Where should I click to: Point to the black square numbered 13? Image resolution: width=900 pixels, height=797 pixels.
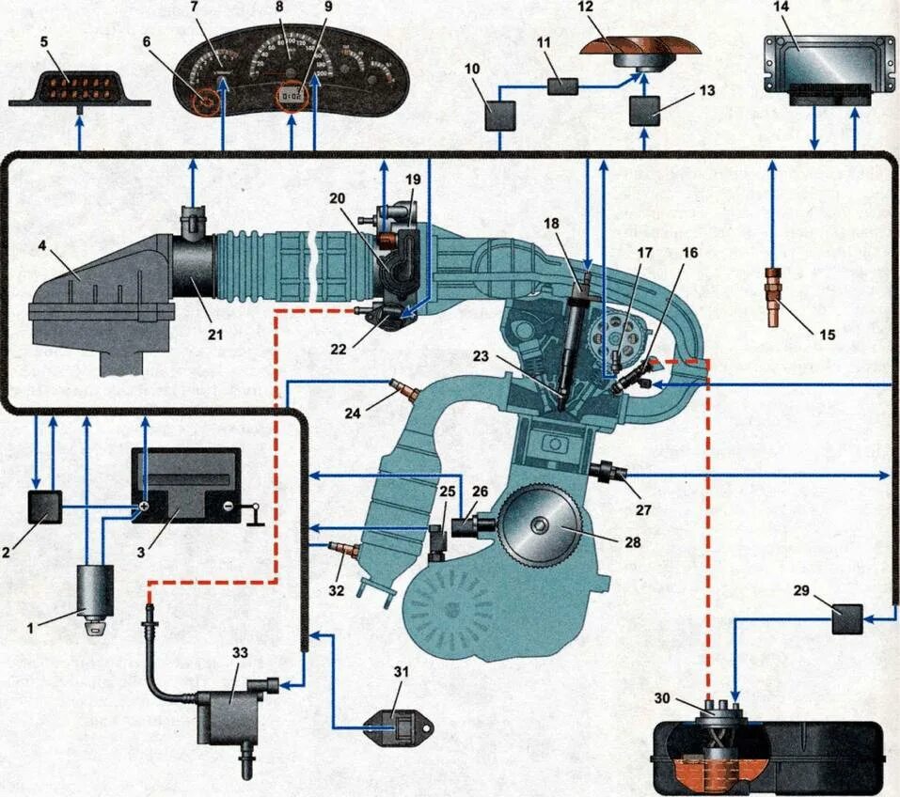click(x=645, y=111)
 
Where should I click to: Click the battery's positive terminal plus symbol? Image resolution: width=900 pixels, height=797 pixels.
click(x=146, y=508)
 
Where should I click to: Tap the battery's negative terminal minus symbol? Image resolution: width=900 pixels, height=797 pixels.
click(x=227, y=508)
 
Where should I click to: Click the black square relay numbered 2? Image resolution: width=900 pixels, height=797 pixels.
click(x=44, y=507)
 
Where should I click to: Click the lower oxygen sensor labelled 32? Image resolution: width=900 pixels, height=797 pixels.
click(x=346, y=547)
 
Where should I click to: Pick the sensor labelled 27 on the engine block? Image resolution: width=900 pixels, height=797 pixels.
click(x=608, y=467)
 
